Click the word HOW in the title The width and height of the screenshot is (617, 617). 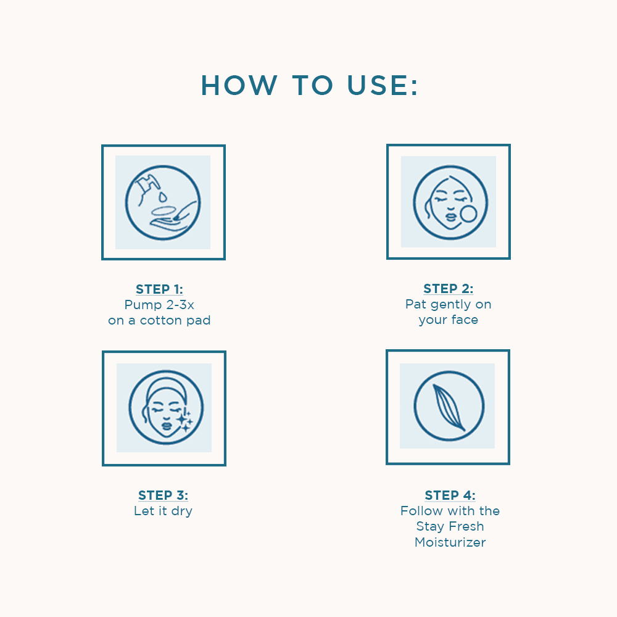pos(238,85)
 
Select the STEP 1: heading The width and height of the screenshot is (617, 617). pos(159,289)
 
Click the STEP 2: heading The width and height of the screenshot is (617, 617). pos(449,289)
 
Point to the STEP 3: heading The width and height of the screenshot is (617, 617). pos(163,495)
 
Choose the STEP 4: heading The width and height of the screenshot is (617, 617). pos(450,495)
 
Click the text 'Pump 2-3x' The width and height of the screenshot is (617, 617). pos(159,305)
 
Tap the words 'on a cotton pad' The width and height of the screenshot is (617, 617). pos(159,320)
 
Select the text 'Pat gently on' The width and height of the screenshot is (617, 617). pos(449,304)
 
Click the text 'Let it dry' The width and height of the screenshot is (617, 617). pos(163,511)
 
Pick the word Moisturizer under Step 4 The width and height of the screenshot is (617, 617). pos(450,542)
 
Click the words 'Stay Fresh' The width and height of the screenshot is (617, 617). pos(450,526)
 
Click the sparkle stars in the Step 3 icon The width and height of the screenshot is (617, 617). pos(184,420)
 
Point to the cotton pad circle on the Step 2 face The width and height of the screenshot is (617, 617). pos(470,213)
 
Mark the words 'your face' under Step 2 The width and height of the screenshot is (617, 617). pos(449,320)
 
